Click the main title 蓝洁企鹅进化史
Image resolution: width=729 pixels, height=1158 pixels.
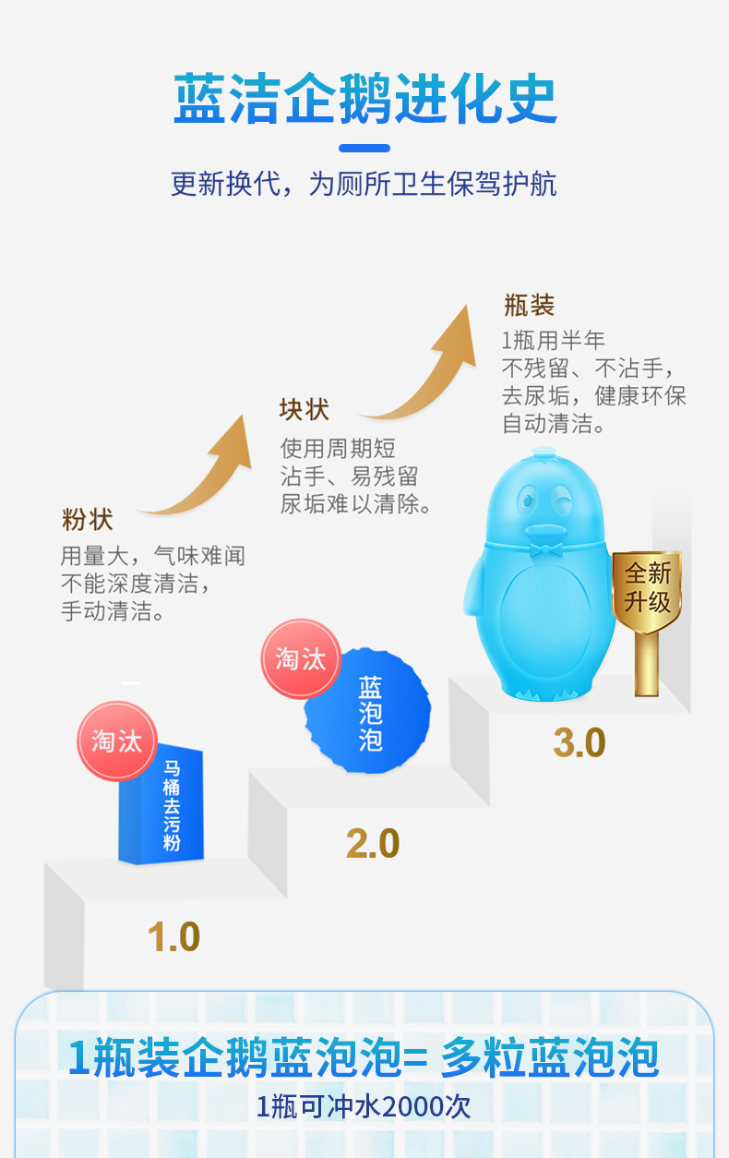(365, 100)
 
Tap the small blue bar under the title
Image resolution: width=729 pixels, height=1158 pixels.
(364, 148)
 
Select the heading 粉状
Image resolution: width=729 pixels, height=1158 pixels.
(88, 520)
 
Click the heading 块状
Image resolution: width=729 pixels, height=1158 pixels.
(305, 409)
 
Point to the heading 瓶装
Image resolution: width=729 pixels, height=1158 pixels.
(529, 305)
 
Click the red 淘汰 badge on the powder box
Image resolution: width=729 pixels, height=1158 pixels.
(116, 741)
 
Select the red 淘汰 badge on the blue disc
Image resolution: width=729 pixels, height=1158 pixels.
(301, 658)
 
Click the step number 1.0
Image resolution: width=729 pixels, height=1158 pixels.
(173, 937)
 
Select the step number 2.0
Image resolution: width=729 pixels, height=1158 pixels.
(373, 844)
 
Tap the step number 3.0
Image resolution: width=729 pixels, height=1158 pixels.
(580, 742)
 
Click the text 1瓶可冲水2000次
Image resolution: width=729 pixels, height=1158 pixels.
(364, 1105)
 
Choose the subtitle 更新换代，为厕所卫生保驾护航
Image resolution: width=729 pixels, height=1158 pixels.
(364, 184)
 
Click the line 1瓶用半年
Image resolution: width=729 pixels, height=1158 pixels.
(554, 341)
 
